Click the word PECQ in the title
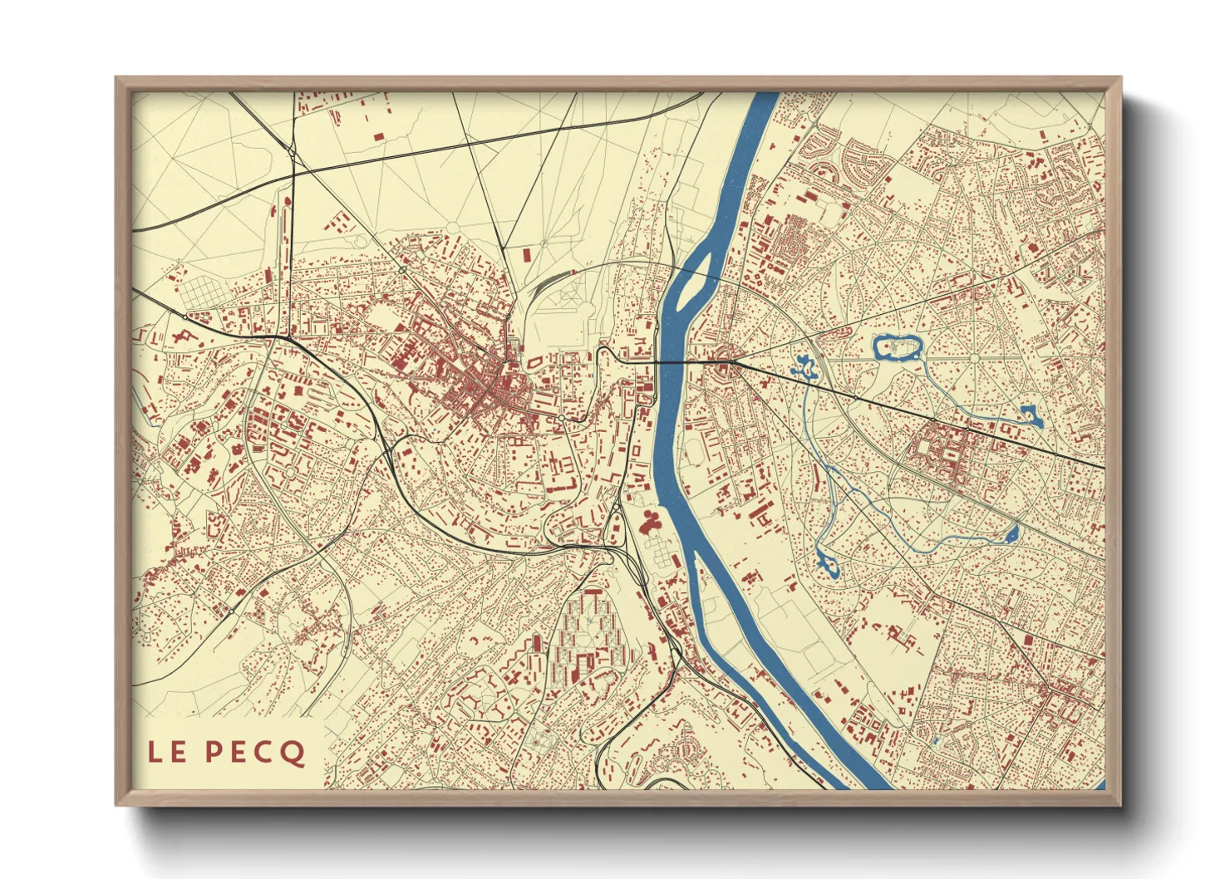[254, 753]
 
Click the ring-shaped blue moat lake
[896, 347]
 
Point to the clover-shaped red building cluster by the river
[651, 523]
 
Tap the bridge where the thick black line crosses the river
[669, 363]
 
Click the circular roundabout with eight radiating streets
[973, 357]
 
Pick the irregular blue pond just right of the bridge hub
[804, 366]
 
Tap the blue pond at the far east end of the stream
[1031, 415]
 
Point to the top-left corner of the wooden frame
[117, 79]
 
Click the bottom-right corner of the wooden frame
[1119, 803]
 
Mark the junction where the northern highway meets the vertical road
[293, 153]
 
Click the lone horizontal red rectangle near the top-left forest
[379, 135]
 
